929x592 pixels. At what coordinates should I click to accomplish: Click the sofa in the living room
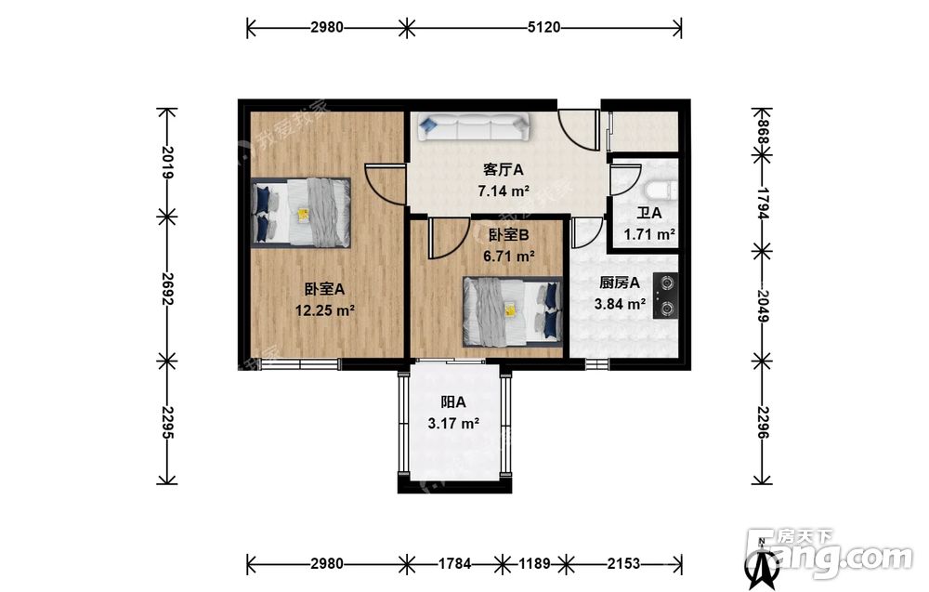pyautogui.click(x=474, y=127)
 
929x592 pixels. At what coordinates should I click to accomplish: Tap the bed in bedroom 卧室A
pyautogui.click(x=301, y=212)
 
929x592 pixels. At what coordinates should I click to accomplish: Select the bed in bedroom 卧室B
pyautogui.click(x=513, y=311)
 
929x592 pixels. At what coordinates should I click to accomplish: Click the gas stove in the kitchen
pyautogui.click(x=666, y=296)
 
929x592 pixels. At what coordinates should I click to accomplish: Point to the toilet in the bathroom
pyautogui.click(x=660, y=191)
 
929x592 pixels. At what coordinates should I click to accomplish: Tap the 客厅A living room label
pyautogui.click(x=503, y=170)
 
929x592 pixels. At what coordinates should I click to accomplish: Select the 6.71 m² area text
pyautogui.click(x=509, y=256)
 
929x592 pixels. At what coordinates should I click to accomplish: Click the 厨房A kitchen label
pyautogui.click(x=619, y=283)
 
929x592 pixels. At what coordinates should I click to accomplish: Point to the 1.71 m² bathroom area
pyautogui.click(x=649, y=234)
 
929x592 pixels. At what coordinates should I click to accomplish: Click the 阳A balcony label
pyautogui.click(x=453, y=402)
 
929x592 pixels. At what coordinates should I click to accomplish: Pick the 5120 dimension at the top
pyautogui.click(x=543, y=27)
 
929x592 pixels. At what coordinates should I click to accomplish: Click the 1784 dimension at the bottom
pyautogui.click(x=454, y=563)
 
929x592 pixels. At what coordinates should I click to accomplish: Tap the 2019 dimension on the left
pyautogui.click(x=167, y=163)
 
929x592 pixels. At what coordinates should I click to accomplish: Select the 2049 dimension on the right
pyautogui.click(x=762, y=306)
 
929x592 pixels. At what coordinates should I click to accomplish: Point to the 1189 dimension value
pyautogui.click(x=534, y=563)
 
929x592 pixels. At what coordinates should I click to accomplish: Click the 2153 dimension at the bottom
pyautogui.click(x=623, y=563)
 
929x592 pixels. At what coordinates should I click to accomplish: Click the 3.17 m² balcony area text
pyautogui.click(x=453, y=424)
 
